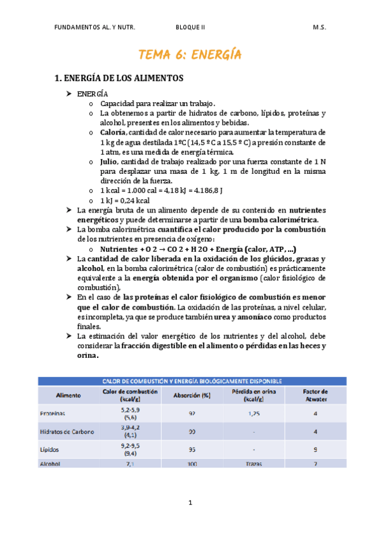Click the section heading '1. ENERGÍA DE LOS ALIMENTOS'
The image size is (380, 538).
(x=119, y=78)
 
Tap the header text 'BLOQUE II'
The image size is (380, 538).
(x=190, y=28)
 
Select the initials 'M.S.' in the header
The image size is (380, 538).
(x=319, y=28)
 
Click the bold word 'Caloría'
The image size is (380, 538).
(x=113, y=132)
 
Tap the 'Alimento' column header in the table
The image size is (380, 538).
(x=69, y=395)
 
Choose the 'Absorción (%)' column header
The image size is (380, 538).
(x=192, y=395)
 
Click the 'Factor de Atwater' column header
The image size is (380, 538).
(x=315, y=395)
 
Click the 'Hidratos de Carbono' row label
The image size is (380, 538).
(x=67, y=431)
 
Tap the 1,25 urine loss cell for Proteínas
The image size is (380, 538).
(x=254, y=413)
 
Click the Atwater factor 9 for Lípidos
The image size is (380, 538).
(x=315, y=449)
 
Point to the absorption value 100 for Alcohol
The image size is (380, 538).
(x=192, y=464)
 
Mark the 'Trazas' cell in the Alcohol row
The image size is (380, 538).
(x=254, y=464)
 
